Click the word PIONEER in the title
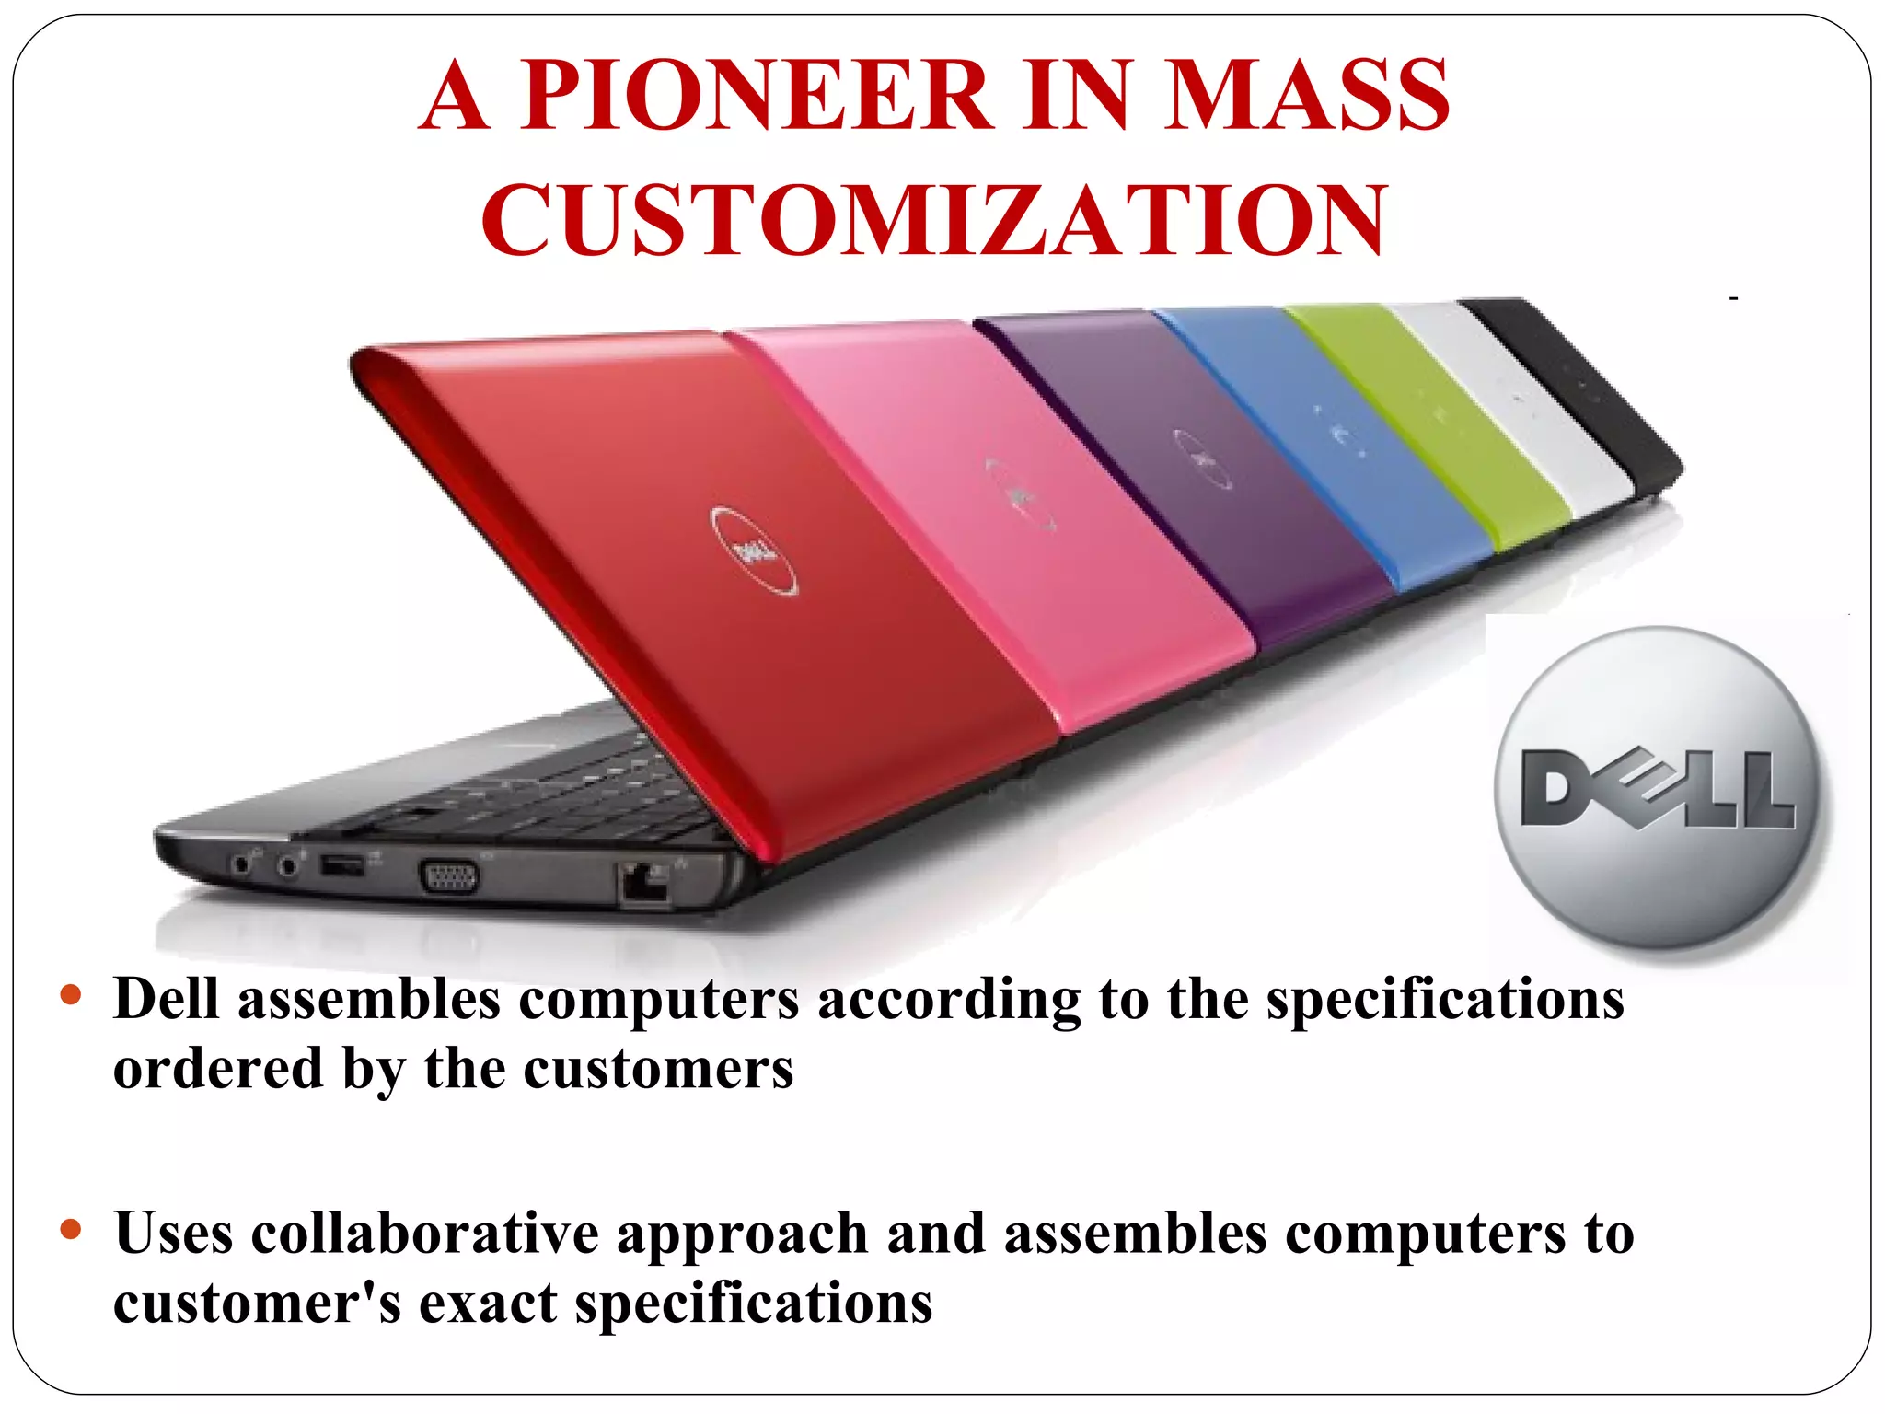point(757,95)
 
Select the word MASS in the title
point(1306,95)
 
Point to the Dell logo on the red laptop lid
point(754,551)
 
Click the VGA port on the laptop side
point(449,875)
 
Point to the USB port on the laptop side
point(342,865)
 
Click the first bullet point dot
point(71,995)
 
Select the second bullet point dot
point(71,1229)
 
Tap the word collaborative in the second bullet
point(424,1234)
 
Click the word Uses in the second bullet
point(173,1234)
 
